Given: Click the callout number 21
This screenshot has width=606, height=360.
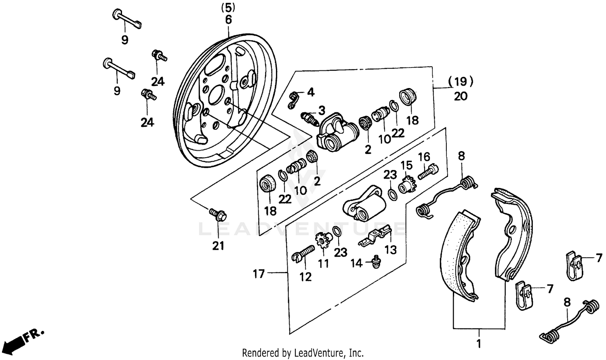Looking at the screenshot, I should pyautogui.click(x=218, y=245).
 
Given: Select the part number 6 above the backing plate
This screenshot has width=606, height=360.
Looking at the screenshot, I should pyautogui.click(x=229, y=20).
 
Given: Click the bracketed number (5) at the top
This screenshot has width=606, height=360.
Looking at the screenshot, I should pyautogui.click(x=228, y=7).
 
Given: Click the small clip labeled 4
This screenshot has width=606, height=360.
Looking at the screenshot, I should pyautogui.click(x=295, y=99).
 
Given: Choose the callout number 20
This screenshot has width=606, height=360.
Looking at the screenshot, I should pyautogui.click(x=461, y=96).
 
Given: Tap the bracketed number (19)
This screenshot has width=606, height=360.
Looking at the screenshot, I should pyautogui.click(x=461, y=82).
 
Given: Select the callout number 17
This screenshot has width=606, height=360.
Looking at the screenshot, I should pyautogui.click(x=259, y=274).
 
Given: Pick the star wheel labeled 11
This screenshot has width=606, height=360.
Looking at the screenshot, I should pyautogui.click(x=322, y=242).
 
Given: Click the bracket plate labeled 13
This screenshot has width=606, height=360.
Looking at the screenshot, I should pyautogui.click(x=376, y=236).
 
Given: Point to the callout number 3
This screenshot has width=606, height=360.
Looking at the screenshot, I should pyautogui.click(x=322, y=110).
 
